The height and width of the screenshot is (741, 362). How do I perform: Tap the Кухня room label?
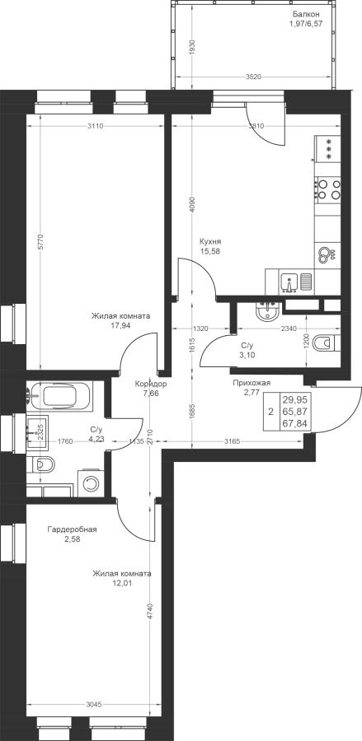coord(210,241)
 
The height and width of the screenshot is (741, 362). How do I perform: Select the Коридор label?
coord(150,384)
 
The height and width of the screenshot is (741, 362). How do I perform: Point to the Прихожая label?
coord(252,383)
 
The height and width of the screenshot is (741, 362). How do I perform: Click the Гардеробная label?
coord(72,529)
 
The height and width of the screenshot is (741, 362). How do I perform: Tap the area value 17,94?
coord(120,325)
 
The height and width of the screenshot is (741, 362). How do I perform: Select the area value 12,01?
coord(122,583)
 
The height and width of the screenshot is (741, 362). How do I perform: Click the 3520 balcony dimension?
coord(254,77)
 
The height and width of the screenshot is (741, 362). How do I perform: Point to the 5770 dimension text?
coord(40,241)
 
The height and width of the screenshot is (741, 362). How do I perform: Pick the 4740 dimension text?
coord(151,614)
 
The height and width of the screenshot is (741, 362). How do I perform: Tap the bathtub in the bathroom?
coord(60,395)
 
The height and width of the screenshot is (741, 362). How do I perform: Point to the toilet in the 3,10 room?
coord(327,342)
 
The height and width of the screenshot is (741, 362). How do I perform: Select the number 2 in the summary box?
coord(270,412)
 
